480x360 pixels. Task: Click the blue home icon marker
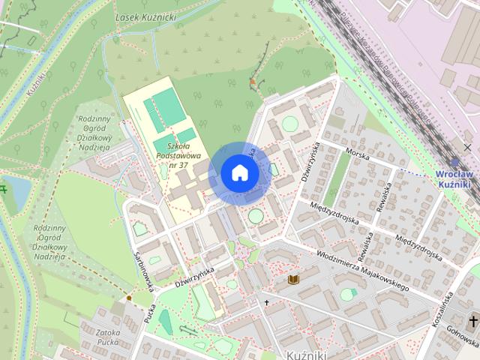point(239,172)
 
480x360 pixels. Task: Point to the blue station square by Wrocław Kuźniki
point(454,161)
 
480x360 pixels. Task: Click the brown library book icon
point(293,280)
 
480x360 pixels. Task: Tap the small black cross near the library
point(266,303)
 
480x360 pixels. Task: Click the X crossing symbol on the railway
point(467,147)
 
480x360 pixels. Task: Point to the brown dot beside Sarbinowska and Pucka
point(129,298)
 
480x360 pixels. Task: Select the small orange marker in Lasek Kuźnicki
point(253,82)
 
